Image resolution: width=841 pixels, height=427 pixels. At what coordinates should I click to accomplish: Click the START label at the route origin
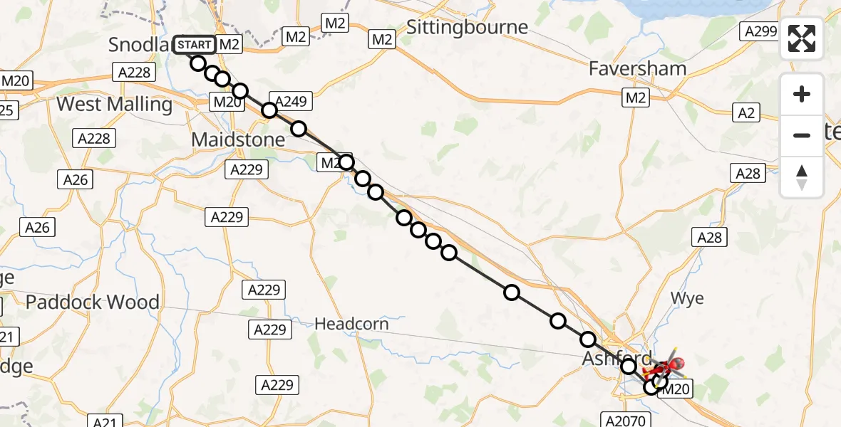[x=194, y=45]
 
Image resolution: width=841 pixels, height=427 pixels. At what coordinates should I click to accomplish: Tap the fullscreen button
[x=802, y=38]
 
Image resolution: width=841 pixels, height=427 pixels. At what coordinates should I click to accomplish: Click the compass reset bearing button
[x=802, y=177]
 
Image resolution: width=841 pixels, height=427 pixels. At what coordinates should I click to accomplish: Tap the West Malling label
[x=114, y=105]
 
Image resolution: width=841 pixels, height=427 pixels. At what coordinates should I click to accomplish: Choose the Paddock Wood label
[x=93, y=302]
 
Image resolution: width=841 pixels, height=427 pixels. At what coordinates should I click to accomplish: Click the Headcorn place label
[x=352, y=325]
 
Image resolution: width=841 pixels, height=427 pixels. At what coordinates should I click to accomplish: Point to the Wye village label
[x=687, y=298]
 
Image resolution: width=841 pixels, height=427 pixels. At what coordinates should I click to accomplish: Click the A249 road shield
[x=289, y=102]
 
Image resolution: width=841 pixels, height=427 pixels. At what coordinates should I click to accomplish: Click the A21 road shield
[x=105, y=422]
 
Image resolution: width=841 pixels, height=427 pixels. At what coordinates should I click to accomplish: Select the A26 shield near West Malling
[x=76, y=180]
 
